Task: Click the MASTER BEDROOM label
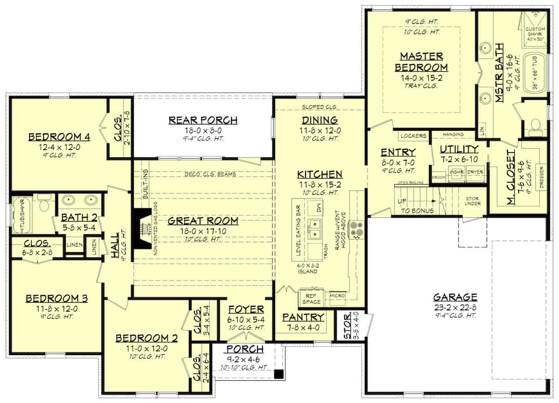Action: click(x=421, y=62)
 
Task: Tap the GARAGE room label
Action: click(x=455, y=297)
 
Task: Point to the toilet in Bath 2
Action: click(x=44, y=204)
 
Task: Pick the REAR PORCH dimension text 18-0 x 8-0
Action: click(x=203, y=131)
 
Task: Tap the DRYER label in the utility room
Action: click(x=475, y=172)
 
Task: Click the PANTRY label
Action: click(x=303, y=317)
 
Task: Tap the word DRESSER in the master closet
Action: click(x=541, y=178)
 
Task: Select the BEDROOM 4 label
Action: click(x=59, y=137)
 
